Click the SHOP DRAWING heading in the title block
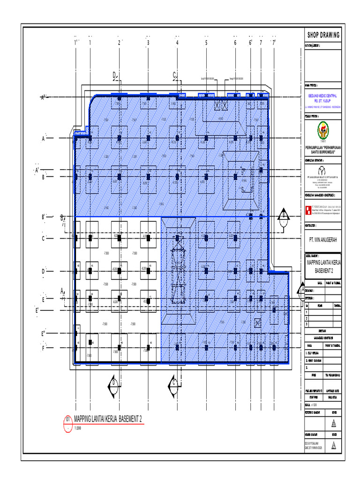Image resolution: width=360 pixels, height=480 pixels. [x=323, y=35]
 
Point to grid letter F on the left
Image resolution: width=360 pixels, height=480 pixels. [x=43, y=348]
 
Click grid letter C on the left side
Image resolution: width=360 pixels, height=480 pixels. [x=43, y=239]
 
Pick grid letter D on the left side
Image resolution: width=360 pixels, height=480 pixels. [x=43, y=271]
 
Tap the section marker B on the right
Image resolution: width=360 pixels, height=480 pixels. [x=283, y=216]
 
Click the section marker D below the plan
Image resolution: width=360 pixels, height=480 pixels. [x=113, y=383]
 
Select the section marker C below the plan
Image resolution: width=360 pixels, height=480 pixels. [x=174, y=383]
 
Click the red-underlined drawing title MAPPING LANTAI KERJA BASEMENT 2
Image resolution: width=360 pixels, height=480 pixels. [x=108, y=419]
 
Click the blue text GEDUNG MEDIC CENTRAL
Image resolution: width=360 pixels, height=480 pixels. [x=322, y=96]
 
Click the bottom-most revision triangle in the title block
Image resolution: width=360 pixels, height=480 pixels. [x=334, y=447]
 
